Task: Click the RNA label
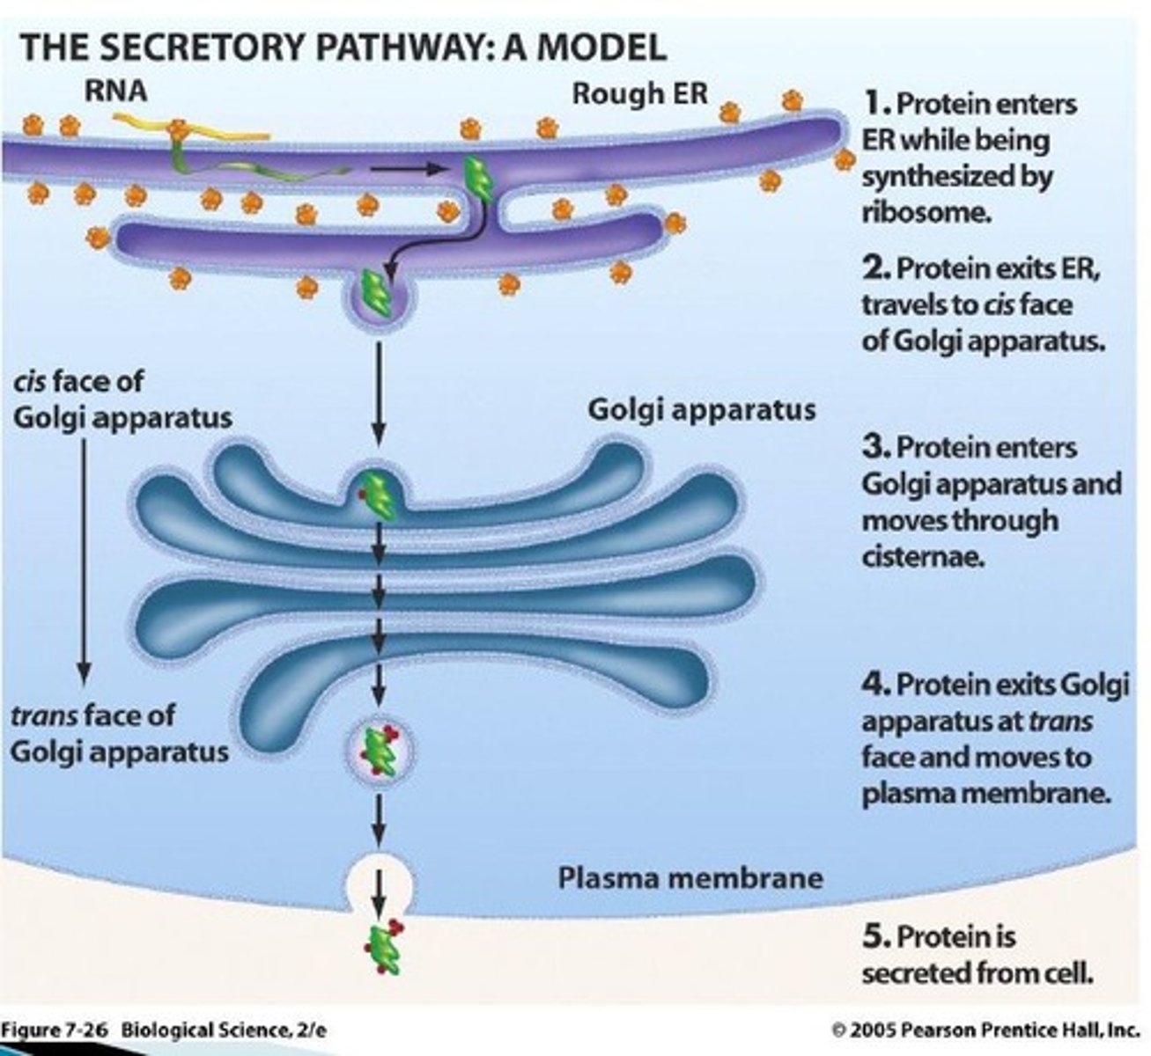115,90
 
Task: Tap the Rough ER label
639,93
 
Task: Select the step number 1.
874,103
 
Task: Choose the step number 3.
875,446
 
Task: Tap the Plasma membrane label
690,877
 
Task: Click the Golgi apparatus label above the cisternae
701,410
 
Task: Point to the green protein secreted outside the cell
383,948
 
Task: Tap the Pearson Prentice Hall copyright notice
985,1029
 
